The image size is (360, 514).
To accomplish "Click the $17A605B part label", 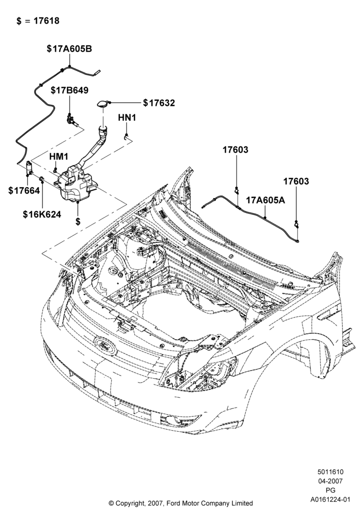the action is click(69, 49).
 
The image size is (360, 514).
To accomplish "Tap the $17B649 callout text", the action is click(69, 90).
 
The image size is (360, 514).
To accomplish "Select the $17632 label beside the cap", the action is click(159, 103).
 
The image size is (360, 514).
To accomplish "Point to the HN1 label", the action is click(127, 117).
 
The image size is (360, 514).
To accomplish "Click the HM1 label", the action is click(58, 157).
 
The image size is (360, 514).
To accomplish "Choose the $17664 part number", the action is click(24, 190).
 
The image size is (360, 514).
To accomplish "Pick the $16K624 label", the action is click(42, 214).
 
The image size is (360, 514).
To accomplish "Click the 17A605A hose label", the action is click(265, 200).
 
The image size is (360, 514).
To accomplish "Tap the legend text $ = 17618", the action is click(38, 21).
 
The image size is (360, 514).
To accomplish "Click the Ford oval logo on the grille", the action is click(105, 346).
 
